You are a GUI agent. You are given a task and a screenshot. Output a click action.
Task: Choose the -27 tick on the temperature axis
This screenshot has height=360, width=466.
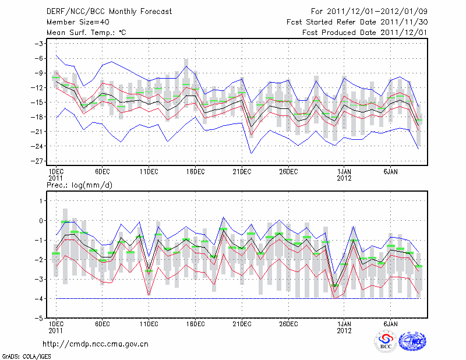pyautogui.click(x=40, y=161)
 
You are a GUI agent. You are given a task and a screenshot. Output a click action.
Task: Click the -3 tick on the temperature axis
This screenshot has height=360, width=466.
pyautogui.click(x=40, y=44)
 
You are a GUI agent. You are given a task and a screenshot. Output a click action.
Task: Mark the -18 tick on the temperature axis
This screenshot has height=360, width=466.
pyautogui.click(x=40, y=117)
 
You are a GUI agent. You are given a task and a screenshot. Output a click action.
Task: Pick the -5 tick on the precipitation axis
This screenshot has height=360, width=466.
pyautogui.click(x=40, y=319)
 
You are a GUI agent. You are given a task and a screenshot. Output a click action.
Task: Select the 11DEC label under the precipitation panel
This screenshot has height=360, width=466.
pyautogui.click(x=149, y=324)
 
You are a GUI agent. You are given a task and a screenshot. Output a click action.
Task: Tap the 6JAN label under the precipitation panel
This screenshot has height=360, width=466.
pyautogui.click(x=391, y=324)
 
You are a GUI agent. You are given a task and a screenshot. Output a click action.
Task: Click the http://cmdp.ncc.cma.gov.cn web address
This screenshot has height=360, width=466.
pyautogui.click(x=96, y=344)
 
